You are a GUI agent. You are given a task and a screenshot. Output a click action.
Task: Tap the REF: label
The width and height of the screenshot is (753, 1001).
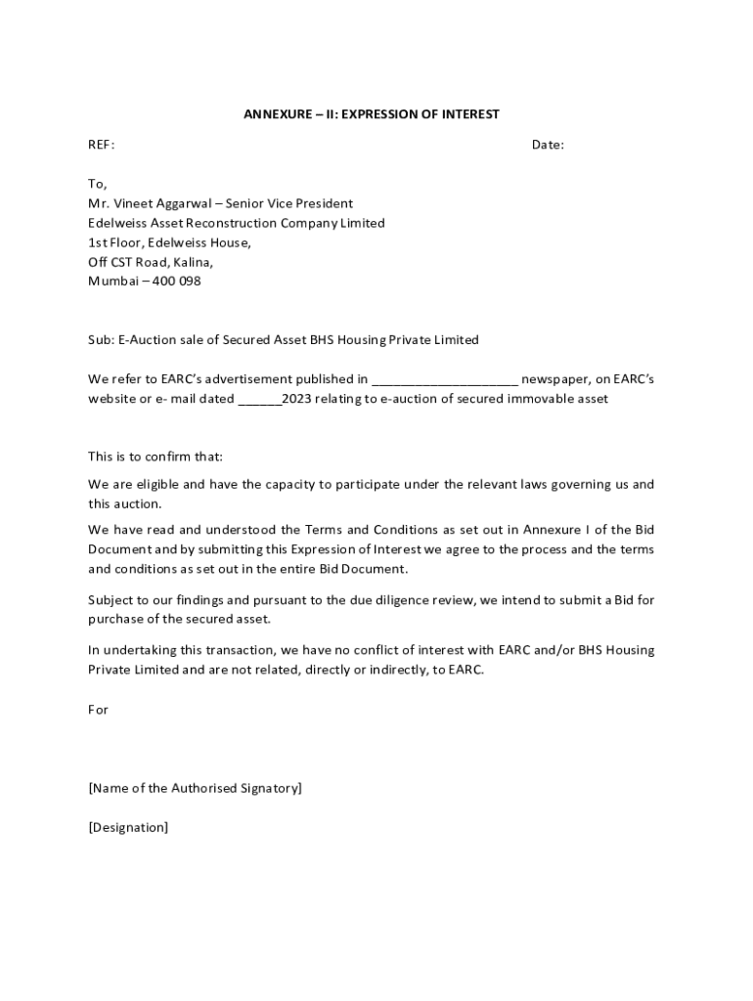[101, 145]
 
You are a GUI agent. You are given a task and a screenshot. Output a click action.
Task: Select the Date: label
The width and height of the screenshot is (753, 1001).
[548, 145]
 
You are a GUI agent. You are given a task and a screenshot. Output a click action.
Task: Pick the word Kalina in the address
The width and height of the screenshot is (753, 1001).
[193, 262]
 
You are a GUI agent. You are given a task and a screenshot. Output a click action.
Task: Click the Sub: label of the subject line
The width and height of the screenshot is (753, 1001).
[101, 340]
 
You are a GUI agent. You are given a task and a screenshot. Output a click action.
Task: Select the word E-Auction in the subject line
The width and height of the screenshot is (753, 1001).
[147, 340]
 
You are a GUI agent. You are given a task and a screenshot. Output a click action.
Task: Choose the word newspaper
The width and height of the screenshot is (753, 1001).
[553, 379]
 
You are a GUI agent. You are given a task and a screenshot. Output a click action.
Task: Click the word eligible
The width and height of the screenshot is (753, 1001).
[156, 484]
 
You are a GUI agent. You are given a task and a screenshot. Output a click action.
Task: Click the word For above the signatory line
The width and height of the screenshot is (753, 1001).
[98, 710]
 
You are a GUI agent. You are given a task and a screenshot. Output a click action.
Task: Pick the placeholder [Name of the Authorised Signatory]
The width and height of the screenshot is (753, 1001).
[195, 788]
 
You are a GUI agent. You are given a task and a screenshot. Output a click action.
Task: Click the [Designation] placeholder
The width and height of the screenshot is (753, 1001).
[128, 827]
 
